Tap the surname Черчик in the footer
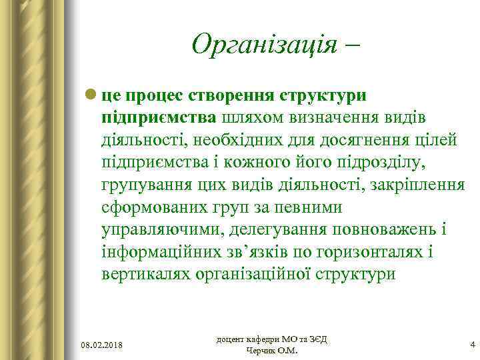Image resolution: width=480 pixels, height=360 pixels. (261, 351)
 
